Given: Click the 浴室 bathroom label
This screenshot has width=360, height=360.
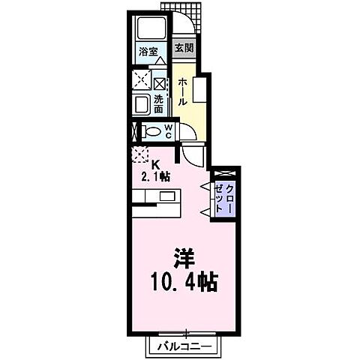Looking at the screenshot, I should coord(148,52).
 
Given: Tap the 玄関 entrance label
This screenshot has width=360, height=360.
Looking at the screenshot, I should coord(184,49).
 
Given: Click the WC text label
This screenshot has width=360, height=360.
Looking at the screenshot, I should coord(169,131).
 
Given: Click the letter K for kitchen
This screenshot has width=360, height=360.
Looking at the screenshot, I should coord(156,165).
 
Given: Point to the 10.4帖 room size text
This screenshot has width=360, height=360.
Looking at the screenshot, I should coord(184,283).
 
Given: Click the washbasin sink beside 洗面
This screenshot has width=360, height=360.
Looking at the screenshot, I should coord(142,103).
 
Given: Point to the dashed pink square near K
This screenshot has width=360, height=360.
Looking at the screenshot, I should coord(140,155).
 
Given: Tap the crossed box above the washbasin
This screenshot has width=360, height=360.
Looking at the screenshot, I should coord(160,81).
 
